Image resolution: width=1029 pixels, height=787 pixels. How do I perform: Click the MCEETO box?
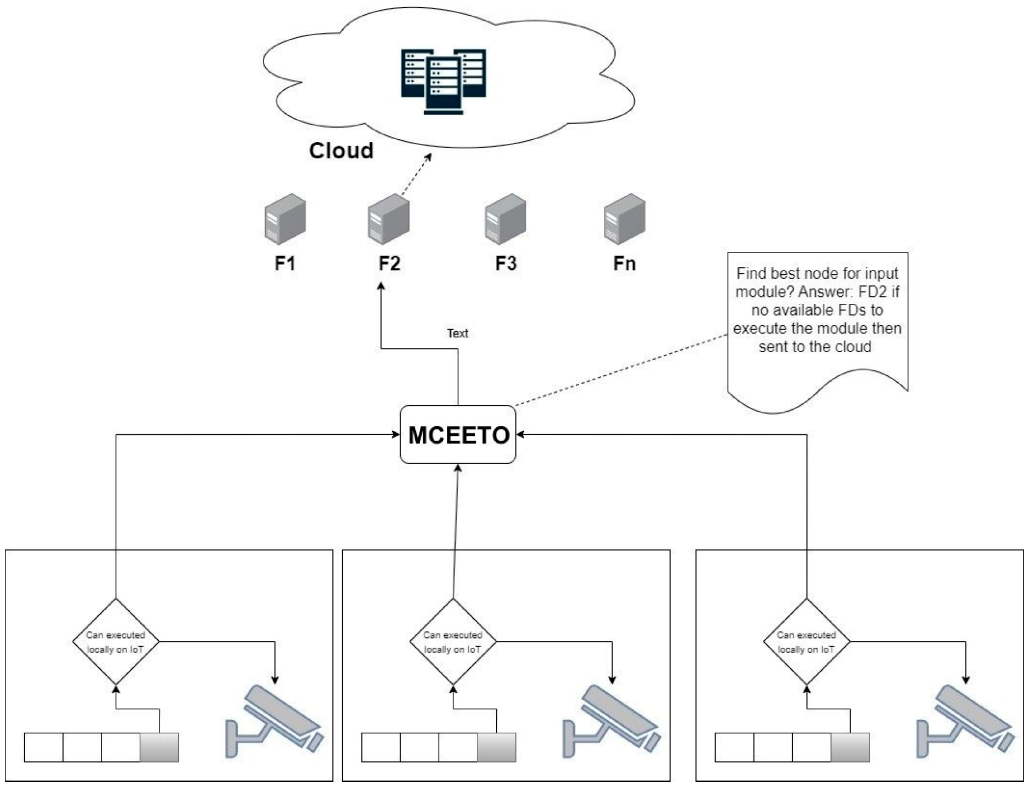click(x=458, y=435)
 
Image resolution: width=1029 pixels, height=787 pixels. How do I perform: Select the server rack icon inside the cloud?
click(x=443, y=81)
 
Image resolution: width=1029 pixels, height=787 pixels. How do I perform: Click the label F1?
click(x=285, y=263)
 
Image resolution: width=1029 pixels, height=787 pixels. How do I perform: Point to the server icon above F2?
click(x=388, y=219)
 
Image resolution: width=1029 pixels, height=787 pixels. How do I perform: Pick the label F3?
click(x=506, y=263)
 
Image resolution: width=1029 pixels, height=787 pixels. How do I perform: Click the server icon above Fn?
click(x=625, y=219)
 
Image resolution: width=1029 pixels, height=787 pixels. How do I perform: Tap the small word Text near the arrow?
click(x=457, y=333)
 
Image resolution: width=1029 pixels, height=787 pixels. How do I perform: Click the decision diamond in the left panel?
click(x=116, y=642)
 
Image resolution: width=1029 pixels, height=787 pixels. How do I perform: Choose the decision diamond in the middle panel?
click(x=453, y=642)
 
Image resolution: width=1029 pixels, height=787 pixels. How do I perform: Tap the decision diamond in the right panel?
click(x=806, y=642)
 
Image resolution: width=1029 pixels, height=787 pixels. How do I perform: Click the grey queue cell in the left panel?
click(x=159, y=747)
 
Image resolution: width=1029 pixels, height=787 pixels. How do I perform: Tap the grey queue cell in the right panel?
click(x=850, y=747)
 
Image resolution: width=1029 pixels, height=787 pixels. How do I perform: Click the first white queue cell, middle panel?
click(x=381, y=747)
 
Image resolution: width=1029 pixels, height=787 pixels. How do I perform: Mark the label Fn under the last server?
click(x=625, y=263)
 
